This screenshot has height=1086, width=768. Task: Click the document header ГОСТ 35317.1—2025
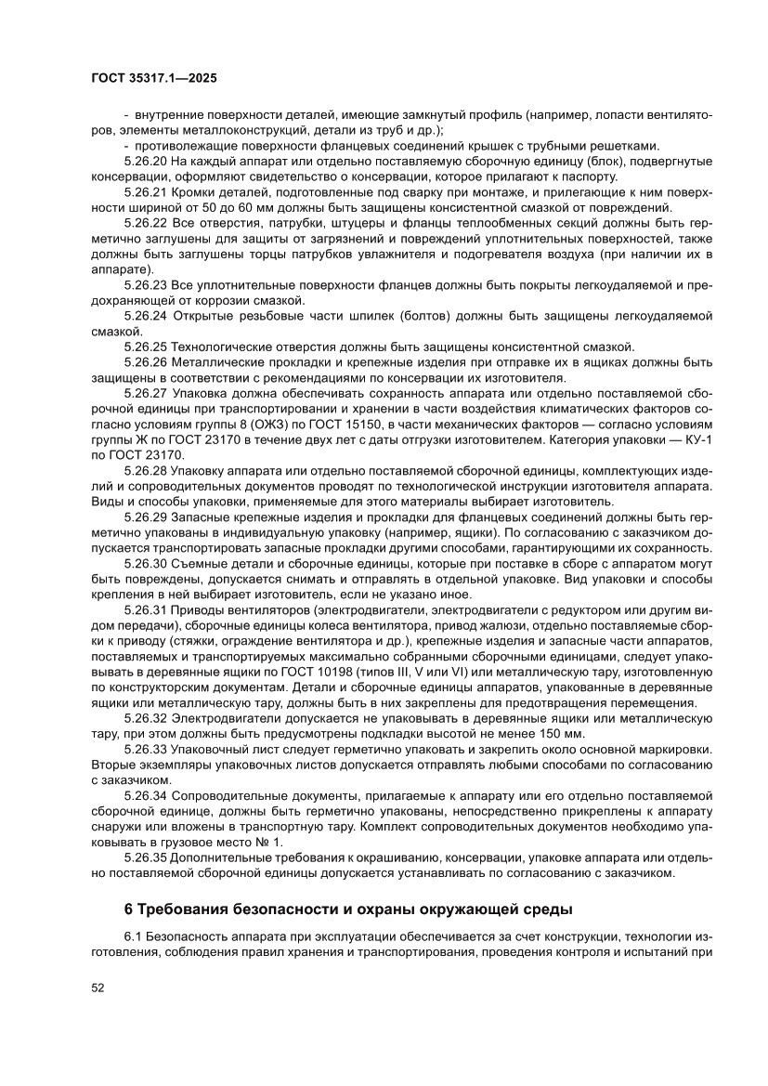[153, 79]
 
